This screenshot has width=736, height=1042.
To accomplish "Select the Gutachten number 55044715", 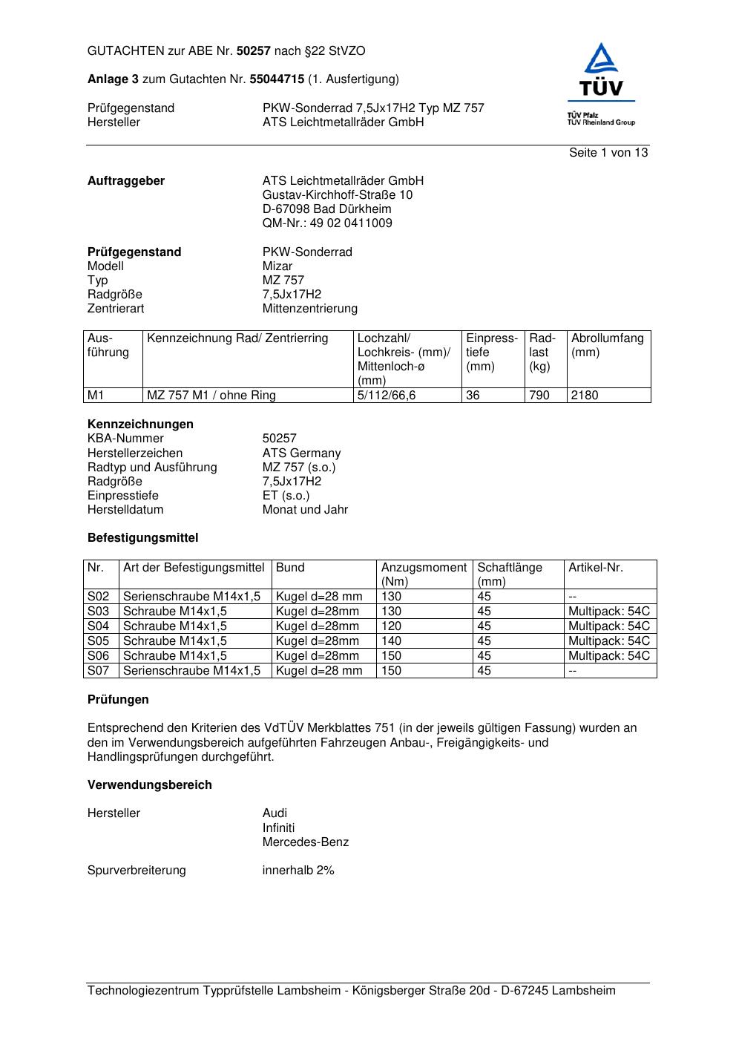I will (277, 79).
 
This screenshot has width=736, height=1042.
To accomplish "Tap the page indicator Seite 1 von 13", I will (608, 153).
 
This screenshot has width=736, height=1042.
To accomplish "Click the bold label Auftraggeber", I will (126, 181).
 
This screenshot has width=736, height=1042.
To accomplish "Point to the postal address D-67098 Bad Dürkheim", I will (326, 209).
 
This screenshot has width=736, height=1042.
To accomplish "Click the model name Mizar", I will (277, 266).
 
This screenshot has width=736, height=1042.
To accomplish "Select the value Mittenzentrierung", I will (309, 309).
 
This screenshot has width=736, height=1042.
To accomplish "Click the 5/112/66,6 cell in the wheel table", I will (387, 396).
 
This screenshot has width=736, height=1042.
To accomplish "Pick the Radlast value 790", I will (539, 396).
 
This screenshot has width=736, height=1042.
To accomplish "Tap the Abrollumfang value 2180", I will (585, 396).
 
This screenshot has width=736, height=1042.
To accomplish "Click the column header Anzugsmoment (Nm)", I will (424, 574).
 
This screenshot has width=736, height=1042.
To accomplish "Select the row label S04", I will (99, 626).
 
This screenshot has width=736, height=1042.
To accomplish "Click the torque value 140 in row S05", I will (391, 641).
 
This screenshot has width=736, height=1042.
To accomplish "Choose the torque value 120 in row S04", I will (391, 626).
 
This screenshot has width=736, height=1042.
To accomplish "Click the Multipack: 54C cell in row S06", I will (608, 656).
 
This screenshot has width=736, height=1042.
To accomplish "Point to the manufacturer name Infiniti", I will (278, 828).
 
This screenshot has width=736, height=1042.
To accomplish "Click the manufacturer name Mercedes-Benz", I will (305, 842).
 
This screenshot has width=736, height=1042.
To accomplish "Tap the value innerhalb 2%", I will (298, 871).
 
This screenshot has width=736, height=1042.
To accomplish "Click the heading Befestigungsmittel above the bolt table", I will (142, 538).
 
